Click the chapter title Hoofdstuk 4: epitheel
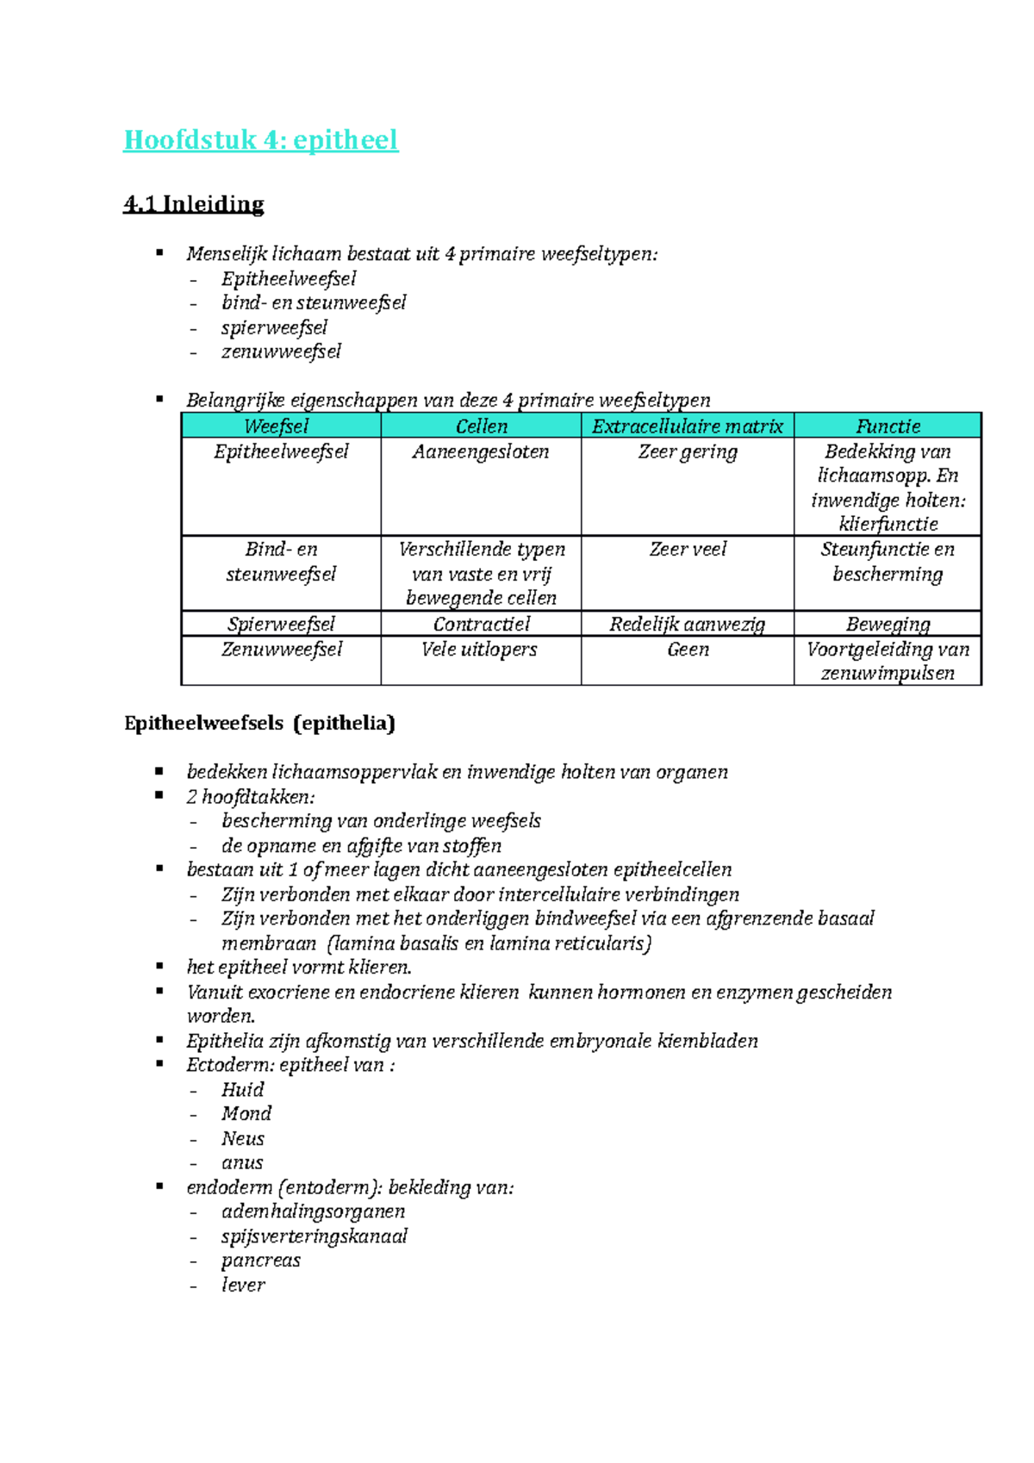click(x=260, y=140)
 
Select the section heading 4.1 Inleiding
click(x=193, y=204)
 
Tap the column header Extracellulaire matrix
click(x=687, y=426)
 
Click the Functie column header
click(x=888, y=426)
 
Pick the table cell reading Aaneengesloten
click(x=480, y=451)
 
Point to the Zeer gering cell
click(x=687, y=451)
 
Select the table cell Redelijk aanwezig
click(x=687, y=624)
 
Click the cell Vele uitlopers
click(x=479, y=649)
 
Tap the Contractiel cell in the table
click(x=481, y=624)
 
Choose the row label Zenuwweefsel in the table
click(x=281, y=649)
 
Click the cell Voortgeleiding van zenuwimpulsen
click(x=888, y=661)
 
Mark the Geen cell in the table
click(x=687, y=649)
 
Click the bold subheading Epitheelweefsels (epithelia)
click(x=259, y=723)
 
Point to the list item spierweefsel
click(x=274, y=327)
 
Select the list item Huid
click(x=242, y=1089)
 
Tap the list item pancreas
click(x=260, y=1260)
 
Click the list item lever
click(x=243, y=1285)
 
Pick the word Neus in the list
click(x=242, y=1138)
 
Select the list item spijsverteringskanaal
click(x=314, y=1236)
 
